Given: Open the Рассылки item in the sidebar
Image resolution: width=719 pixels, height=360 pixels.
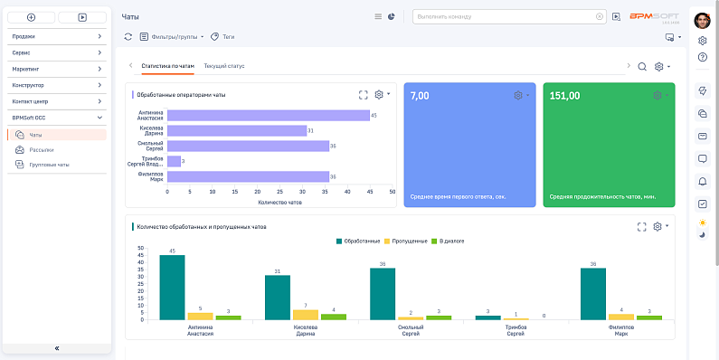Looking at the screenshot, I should (42, 149).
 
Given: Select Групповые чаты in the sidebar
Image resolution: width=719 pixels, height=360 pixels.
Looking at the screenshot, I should (49, 165).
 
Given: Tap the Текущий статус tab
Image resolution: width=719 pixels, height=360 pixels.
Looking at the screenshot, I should (224, 66).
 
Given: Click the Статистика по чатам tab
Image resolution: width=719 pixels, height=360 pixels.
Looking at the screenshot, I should (168, 66).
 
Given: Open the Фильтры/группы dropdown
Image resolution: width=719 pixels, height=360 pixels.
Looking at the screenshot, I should (173, 37).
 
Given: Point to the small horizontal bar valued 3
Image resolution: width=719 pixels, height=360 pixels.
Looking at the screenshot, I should (174, 162).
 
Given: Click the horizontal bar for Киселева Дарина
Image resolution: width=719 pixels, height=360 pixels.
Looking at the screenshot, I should (237, 130).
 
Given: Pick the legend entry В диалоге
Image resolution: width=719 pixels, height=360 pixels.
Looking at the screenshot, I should (448, 242).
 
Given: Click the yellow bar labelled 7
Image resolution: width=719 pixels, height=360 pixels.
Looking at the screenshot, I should (306, 315).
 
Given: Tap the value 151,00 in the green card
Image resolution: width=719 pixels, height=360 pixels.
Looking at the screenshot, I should (564, 95).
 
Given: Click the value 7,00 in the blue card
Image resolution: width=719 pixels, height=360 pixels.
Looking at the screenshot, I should (420, 95).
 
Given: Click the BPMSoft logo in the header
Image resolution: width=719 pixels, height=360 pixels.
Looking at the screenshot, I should (655, 16).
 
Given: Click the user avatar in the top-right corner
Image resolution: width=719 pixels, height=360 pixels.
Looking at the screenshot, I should (703, 20).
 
